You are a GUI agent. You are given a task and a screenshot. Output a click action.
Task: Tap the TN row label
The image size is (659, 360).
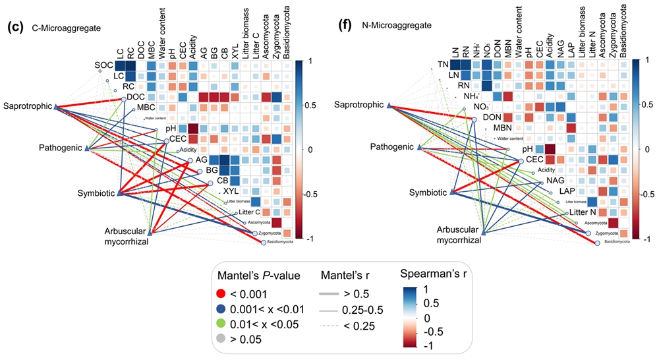pos(443,65)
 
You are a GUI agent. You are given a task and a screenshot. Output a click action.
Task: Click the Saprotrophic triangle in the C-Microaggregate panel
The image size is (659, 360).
pos(57,106)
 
